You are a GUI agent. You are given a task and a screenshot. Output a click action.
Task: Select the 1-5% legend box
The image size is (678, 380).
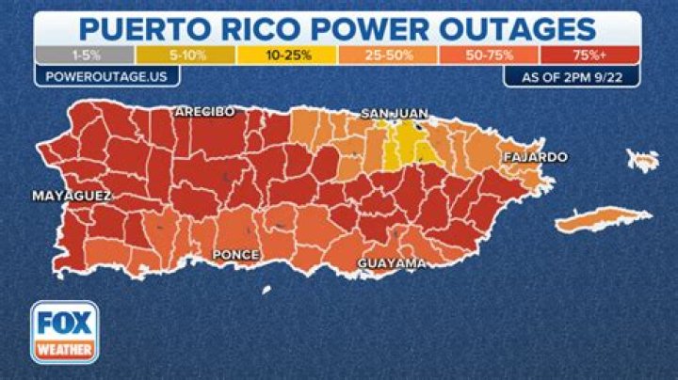point(84,55)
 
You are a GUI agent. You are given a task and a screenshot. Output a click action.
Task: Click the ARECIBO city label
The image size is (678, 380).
point(203,112)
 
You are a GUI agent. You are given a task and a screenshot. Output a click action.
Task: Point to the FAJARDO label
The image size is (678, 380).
point(534,156)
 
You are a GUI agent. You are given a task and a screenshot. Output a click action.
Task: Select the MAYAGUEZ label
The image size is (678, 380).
point(72,196)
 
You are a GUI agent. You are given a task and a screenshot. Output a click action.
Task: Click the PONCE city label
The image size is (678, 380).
point(237,254)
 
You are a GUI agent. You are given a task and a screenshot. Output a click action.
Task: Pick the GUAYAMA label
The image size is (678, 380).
point(391,263)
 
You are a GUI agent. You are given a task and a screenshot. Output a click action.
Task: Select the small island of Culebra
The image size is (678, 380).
point(644,159)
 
